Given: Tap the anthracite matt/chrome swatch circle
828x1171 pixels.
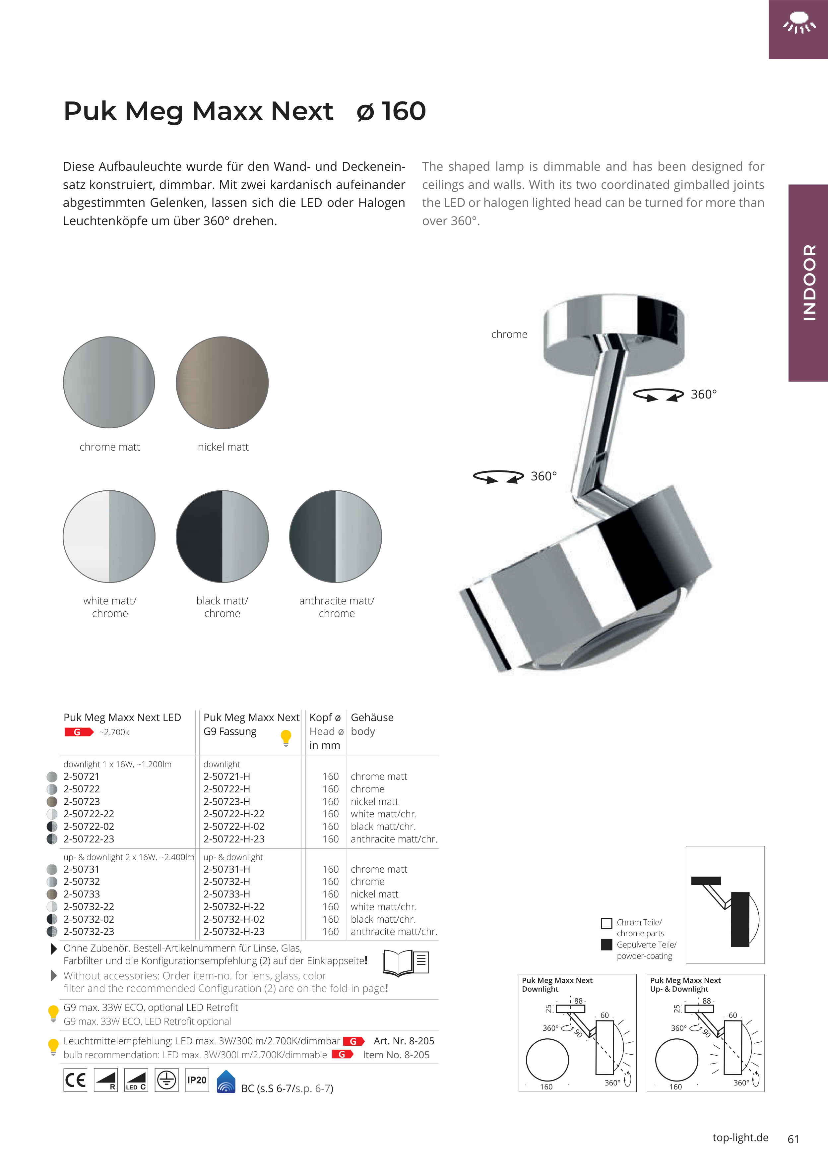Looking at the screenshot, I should [335, 536].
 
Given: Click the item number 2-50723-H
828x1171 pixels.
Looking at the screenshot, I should [226, 801].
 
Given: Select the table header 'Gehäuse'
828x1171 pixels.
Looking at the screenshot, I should [372, 717].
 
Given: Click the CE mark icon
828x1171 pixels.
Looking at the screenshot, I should [76, 1080].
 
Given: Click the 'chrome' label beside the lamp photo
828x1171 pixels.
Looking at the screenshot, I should [509, 334].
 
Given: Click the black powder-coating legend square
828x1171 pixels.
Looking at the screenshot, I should [606, 945].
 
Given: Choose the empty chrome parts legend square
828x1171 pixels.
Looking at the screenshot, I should [606, 923].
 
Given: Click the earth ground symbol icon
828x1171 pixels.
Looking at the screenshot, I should [166, 1080].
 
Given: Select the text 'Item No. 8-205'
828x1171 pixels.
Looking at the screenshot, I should [396, 1055].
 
